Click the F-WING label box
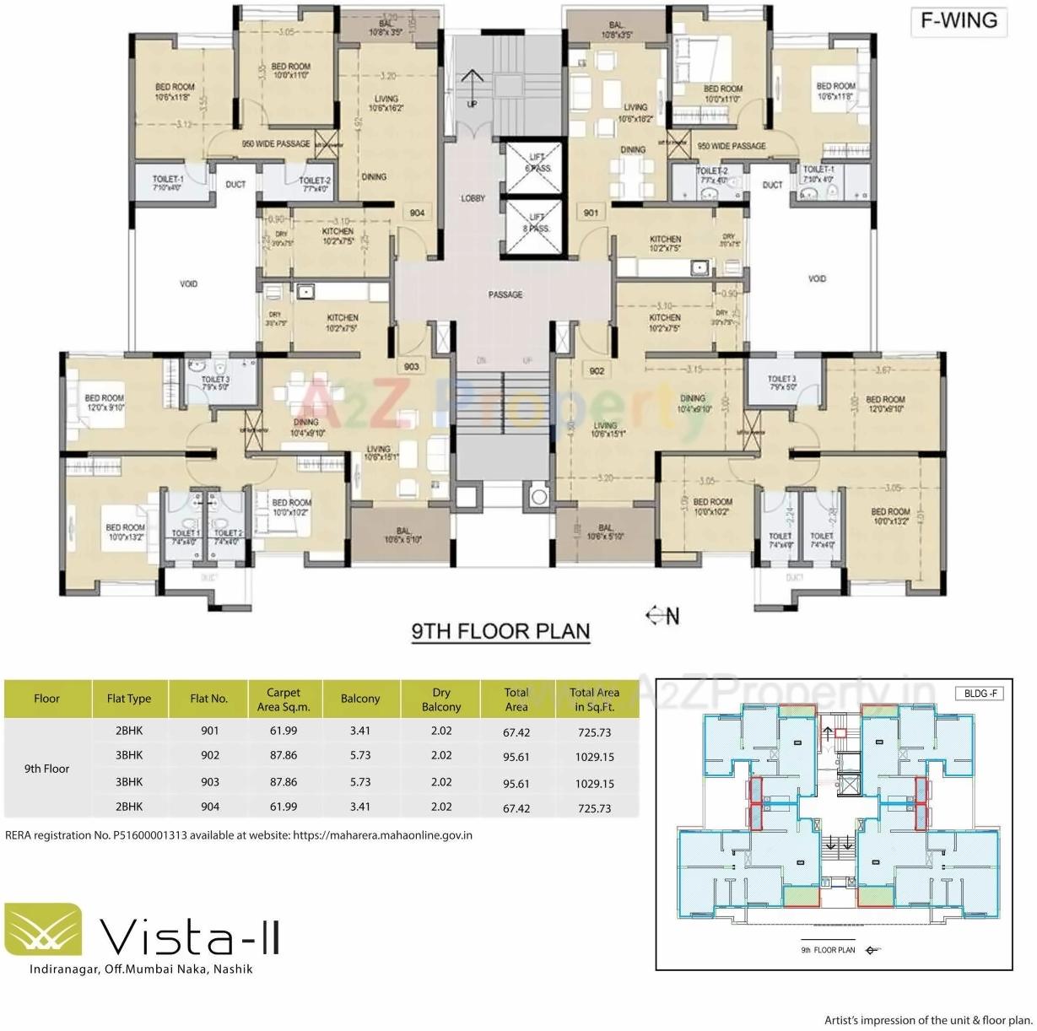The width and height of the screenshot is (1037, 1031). [x=959, y=21]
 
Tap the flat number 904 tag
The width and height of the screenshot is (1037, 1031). [x=417, y=213]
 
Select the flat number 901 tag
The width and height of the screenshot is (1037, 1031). [x=591, y=213]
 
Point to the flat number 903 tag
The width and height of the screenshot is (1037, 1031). [x=411, y=367]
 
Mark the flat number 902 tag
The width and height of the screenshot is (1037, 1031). [x=597, y=371]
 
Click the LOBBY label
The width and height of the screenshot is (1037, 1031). [x=473, y=198]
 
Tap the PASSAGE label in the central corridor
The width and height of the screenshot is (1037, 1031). [x=505, y=294]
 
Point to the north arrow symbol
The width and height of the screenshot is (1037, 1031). [x=662, y=616]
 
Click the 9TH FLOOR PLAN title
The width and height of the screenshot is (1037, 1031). [x=500, y=631]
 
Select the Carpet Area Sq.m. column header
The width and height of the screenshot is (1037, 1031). [x=284, y=699]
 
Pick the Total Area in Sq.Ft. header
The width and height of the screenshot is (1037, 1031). [x=594, y=699]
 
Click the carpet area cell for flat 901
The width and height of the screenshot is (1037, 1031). [x=284, y=731]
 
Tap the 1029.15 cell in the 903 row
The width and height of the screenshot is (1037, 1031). [x=594, y=783]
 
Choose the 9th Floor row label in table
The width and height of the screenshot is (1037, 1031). [x=47, y=769]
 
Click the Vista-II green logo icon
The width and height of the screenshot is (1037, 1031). [x=43, y=931]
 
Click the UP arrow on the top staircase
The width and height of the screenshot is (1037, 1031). [x=472, y=84]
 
